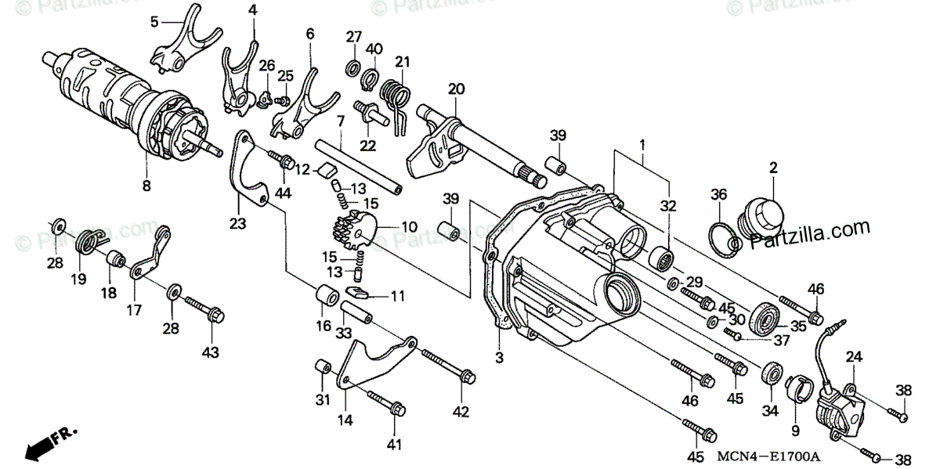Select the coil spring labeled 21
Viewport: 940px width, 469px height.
[x=398, y=96]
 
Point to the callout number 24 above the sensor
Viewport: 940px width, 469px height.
[x=853, y=357]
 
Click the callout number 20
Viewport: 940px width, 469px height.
[x=456, y=89]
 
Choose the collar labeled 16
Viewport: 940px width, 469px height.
[x=326, y=299]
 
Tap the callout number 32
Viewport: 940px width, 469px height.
[x=667, y=207]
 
